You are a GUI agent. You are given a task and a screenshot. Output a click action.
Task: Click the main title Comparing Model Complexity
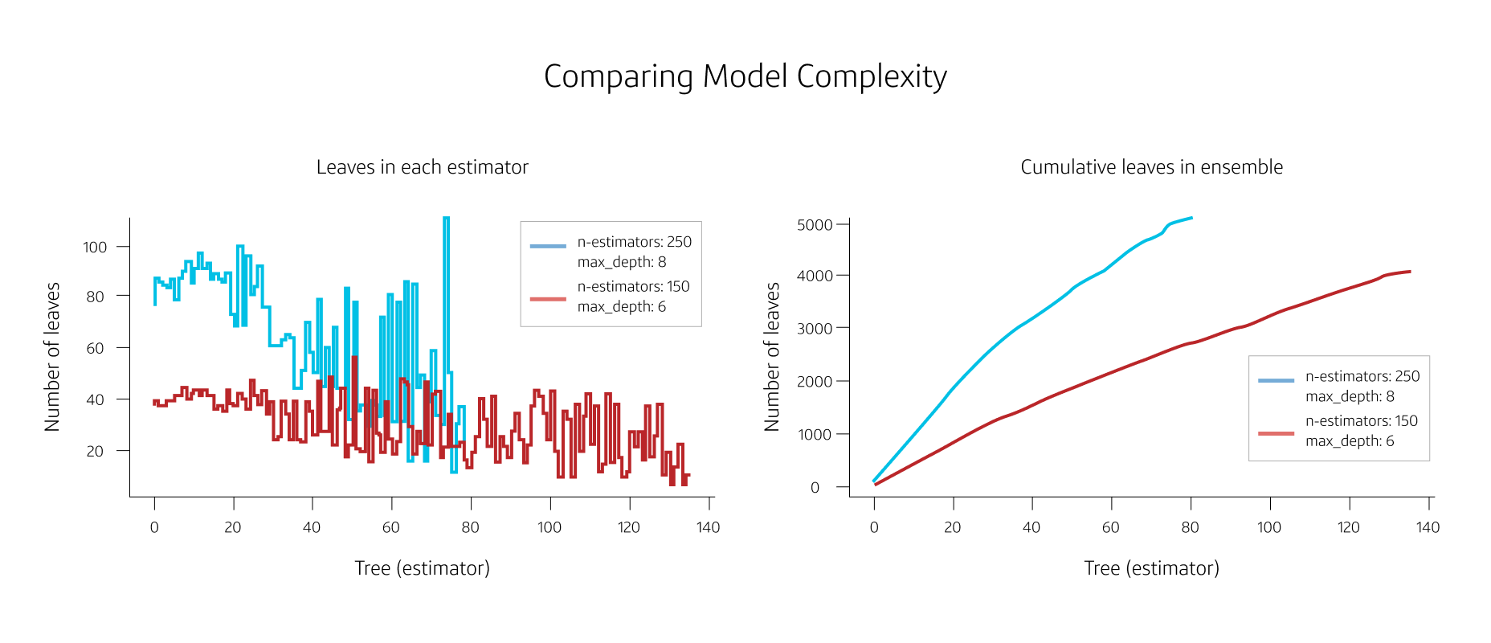click(745, 77)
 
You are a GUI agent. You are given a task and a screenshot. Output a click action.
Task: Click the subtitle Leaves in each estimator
click(422, 167)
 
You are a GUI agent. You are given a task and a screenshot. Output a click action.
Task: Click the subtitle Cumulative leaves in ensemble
click(1151, 167)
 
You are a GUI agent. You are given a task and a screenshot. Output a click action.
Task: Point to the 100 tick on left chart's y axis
click(95, 248)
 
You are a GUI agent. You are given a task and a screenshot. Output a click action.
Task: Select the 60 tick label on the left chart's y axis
click(95, 349)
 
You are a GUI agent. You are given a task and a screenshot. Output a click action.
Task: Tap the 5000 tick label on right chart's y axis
click(815, 225)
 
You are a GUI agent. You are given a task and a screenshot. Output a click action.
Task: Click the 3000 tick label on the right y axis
click(815, 329)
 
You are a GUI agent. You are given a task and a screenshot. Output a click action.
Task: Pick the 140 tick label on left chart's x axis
click(708, 528)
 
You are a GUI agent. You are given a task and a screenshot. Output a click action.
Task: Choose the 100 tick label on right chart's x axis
click(1269, 528)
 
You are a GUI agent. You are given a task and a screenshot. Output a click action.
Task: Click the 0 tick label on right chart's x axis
click(874, 528)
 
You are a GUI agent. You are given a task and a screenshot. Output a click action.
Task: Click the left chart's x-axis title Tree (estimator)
click(422, 568)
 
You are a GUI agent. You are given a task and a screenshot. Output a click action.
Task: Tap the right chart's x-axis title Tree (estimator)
click(1151, 568)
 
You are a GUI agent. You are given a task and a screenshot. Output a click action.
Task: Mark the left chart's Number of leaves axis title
click(52, 357)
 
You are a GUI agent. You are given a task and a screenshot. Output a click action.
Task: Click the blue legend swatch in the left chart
click(548, 246)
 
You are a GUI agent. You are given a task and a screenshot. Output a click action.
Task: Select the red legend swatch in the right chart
click(1276, 434)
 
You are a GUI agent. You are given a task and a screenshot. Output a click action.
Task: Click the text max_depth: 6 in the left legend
click(621, 307)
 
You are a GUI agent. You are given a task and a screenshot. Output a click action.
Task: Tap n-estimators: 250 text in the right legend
click(1362, 376)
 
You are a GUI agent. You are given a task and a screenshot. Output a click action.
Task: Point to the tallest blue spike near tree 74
click(446, 221)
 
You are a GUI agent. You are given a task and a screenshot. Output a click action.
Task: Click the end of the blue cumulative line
click(1191, 218)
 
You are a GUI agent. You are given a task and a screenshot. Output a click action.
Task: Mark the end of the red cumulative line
click(1410, 272)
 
